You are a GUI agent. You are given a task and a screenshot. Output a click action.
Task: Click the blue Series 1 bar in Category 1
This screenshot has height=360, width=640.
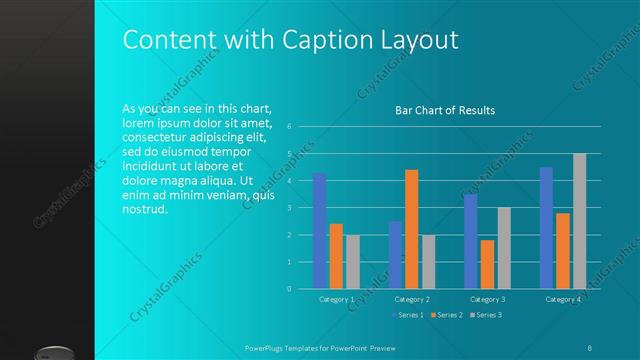pyautogui.click(x=320, y=231)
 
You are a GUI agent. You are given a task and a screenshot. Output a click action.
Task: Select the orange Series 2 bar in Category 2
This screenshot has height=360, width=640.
pyautogui.click(x=412, y=229)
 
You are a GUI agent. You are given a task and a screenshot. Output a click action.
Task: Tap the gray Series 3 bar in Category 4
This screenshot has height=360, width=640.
pyautogui.click(x=580, y=221)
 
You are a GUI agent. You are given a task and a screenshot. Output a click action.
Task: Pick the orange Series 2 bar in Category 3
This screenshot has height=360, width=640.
pyautogui.click(x=487, y=264)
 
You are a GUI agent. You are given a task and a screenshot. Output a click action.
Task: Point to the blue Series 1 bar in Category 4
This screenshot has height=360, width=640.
pyautogui.click(x=546, y=228)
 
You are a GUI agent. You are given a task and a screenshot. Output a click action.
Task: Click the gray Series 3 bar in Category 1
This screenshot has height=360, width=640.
pyautogui.click(x=353, y=262)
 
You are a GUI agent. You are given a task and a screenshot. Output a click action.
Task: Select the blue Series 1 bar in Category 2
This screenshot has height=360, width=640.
pyautogui.click(x=395, y=255)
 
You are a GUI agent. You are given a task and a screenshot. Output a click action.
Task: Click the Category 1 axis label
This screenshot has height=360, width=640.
pyautogui.click(x=336, y=299)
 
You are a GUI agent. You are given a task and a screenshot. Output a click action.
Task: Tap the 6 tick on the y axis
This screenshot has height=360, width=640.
pyautogui.click(x=288, y=127)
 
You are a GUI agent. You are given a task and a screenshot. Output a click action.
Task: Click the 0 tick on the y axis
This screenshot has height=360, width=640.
pyautogui.click(x=288, y=289)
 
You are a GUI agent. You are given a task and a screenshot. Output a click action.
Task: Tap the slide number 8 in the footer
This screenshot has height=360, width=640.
pyautogui.click(x=590, y=346)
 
